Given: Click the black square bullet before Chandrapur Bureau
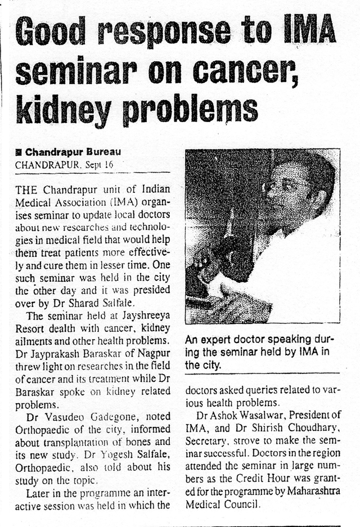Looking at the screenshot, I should point(19,152).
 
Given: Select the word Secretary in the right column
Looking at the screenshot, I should point(205,443).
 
